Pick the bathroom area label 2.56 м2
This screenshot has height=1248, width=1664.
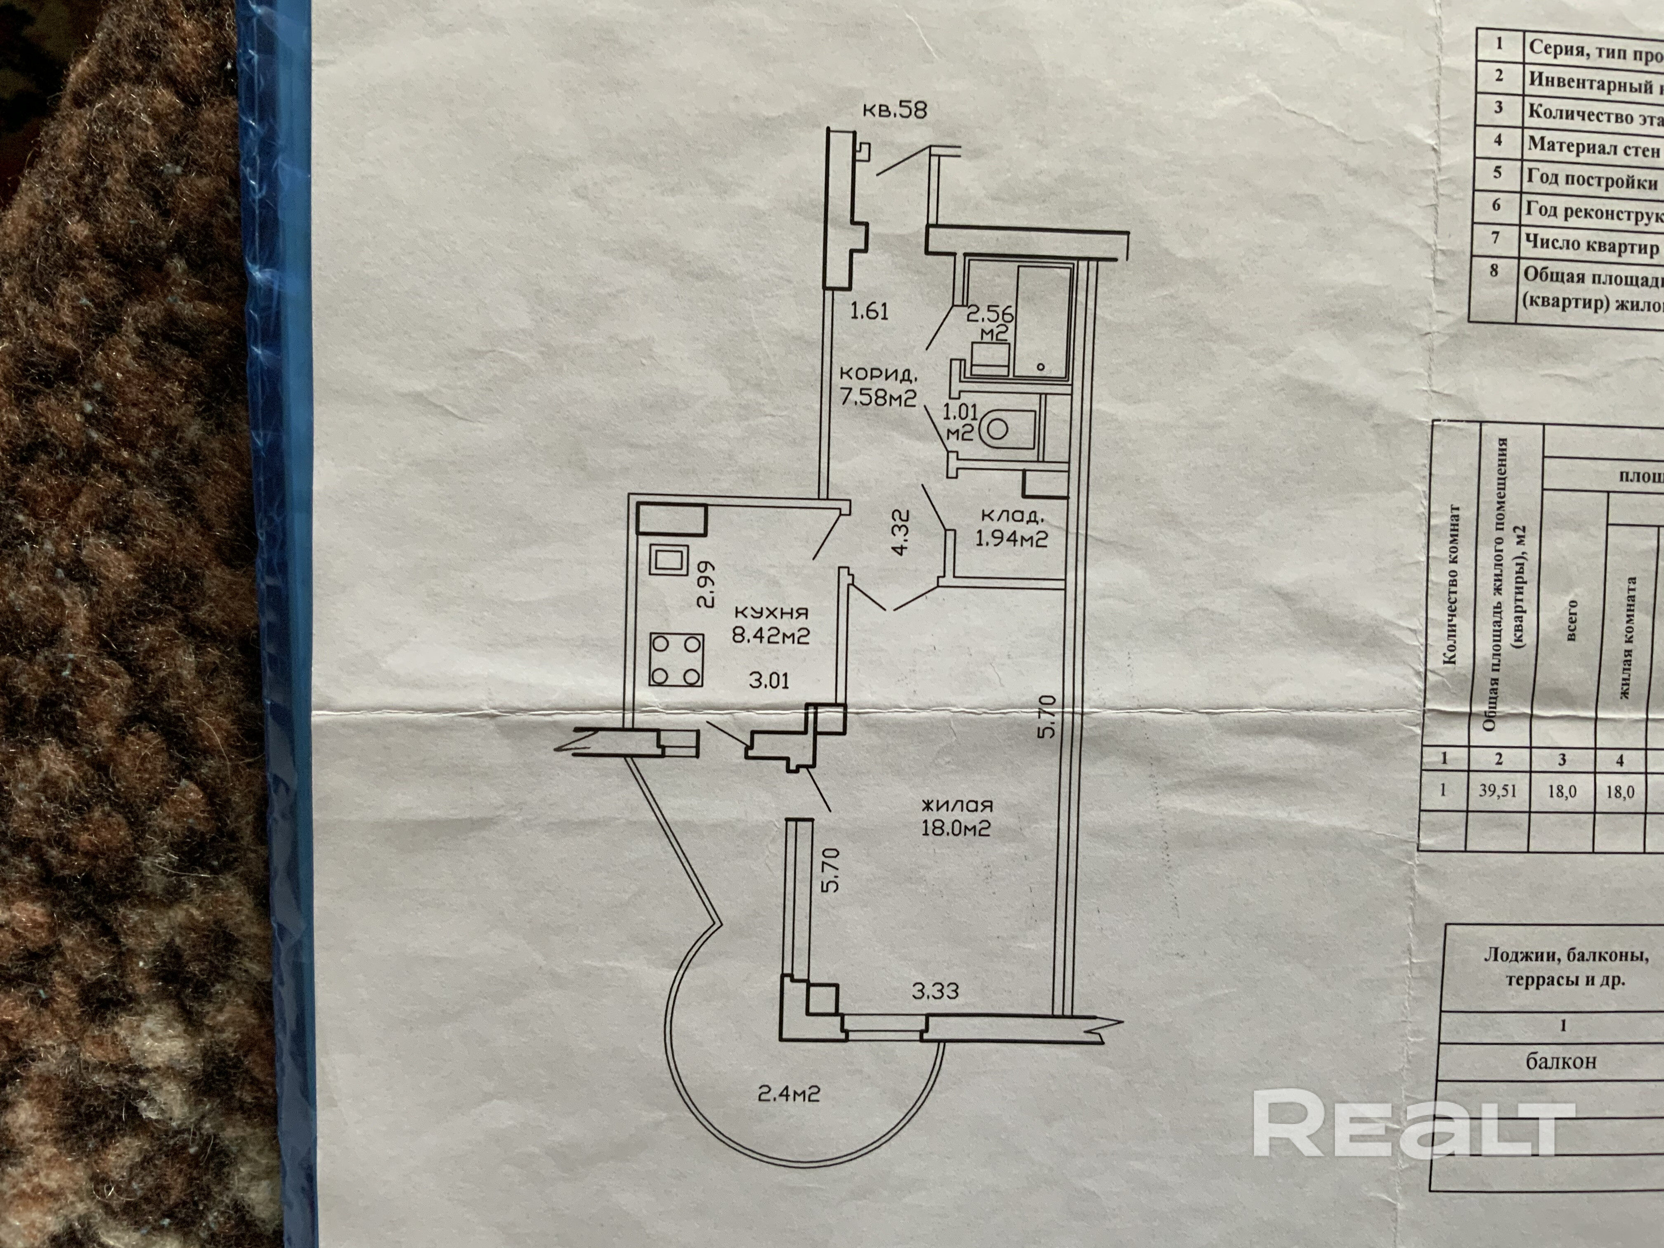click(x=987, y=322)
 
